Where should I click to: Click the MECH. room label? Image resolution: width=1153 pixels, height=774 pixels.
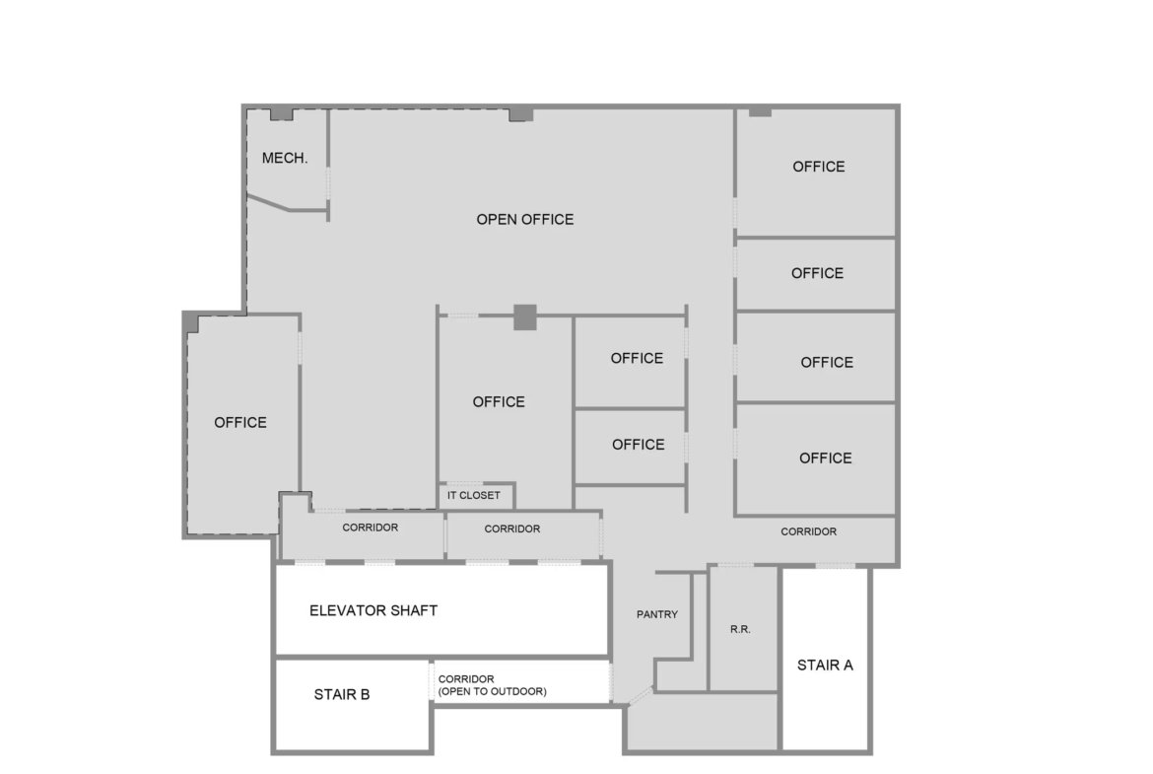tap(285, 158)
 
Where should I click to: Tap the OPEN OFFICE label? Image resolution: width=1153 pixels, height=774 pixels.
tap(525, 219)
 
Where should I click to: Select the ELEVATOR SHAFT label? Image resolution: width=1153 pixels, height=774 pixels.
tap(373, 610)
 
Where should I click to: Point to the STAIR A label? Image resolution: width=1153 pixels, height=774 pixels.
tap(825, 666)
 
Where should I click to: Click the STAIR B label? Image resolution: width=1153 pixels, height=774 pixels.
tap(342, 694)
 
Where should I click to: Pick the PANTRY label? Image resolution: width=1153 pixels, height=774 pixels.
tap(657, 614)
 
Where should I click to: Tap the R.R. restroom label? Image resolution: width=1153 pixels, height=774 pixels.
tap(740, 629)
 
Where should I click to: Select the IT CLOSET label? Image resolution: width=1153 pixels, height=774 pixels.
tap(474, 495)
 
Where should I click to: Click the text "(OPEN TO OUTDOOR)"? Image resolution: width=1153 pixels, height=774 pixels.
tap(493, 691)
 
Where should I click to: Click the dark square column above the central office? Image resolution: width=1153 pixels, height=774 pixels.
tap(525, 317)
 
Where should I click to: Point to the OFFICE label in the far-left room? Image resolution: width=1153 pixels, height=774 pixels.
tap(240, 422)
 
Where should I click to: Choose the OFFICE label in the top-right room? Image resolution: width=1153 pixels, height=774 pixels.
tap(818, 167)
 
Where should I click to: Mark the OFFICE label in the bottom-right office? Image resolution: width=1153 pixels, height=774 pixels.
tap(826, 458)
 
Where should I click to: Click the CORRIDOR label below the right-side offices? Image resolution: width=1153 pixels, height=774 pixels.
tap(809, 531)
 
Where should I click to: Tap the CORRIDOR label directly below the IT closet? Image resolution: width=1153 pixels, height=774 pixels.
tap(512, 529)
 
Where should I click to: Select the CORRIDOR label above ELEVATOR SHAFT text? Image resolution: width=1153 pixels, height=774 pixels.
tap(370, 528)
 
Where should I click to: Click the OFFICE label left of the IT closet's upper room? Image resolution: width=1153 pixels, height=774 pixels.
tap(499, 401)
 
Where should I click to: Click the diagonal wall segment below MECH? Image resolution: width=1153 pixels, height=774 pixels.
tap(268, 202)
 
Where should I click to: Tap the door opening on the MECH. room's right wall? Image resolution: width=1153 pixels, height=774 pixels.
tap(328, 182)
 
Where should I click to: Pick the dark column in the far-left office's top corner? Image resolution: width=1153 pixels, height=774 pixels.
tap(192, 320)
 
